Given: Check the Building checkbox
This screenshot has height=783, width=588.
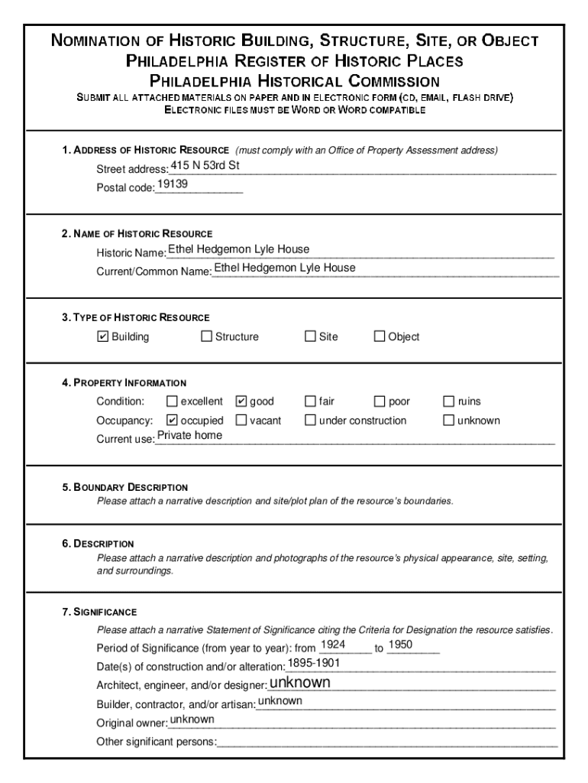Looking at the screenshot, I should [103, 336].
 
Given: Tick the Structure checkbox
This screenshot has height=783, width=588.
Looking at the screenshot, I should [206, 336].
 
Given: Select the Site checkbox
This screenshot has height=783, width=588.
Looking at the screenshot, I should [310, 336].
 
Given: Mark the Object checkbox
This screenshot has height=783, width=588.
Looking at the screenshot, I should [380, 336].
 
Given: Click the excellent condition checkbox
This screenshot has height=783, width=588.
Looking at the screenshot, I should [172, 401].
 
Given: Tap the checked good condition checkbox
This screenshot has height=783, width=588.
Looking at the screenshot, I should [241, 401].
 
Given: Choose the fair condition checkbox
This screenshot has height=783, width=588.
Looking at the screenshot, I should [310, 401].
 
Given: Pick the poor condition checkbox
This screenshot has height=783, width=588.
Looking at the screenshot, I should [380, 401].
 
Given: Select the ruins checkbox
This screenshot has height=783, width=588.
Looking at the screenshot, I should [449, 401].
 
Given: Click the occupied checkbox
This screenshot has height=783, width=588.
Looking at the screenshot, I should [172, 420].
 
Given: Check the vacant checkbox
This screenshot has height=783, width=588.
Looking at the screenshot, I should [241, 420].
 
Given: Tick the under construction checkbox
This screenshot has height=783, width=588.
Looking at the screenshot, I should [310, 420].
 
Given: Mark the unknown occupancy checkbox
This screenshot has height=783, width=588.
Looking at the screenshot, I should [449, 420].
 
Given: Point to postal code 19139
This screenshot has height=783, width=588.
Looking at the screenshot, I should [173, 185].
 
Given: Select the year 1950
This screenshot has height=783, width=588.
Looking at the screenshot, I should [400, 645].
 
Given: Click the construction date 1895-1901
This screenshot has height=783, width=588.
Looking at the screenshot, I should [314, 662].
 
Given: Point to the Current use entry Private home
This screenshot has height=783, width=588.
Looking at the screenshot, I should [189, 435].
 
